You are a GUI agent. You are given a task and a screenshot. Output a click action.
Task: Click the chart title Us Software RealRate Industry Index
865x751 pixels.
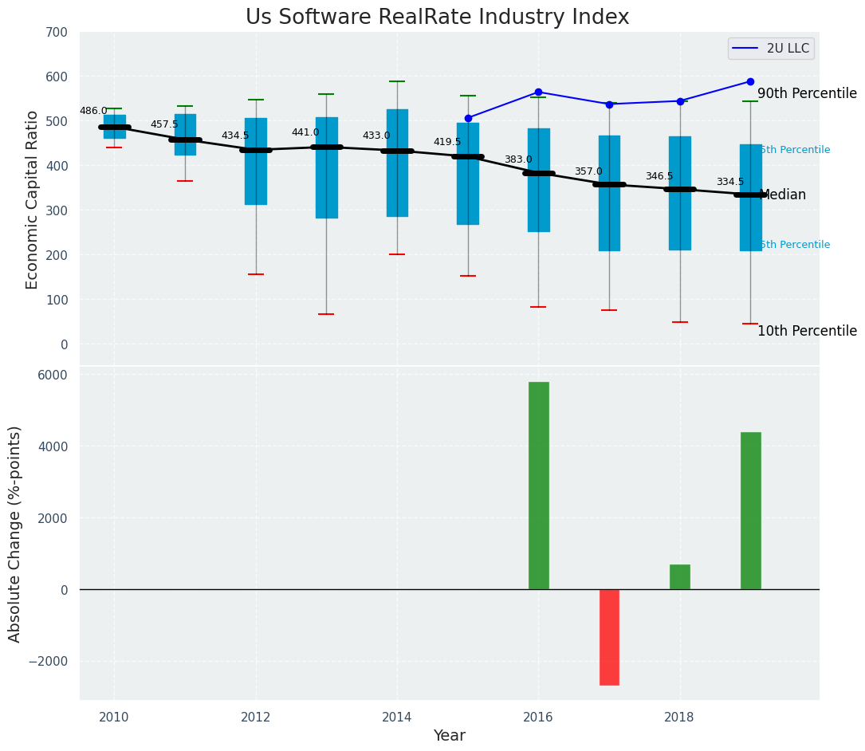pos(437,18)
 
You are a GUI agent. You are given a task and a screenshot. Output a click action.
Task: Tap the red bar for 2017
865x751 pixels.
pos(609,637)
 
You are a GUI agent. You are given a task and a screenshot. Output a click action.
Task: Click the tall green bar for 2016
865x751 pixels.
pos(539,486)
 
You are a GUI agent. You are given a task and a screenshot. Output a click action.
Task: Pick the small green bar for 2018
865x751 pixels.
pos(680,576)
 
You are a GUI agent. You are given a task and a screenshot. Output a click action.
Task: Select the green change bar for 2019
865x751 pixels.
pos(750,510)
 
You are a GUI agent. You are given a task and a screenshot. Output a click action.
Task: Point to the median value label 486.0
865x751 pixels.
pos(93,112)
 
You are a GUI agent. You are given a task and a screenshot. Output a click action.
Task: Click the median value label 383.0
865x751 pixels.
pos(518,160)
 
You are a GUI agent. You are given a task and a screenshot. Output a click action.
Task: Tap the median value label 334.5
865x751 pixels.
pos(730,183)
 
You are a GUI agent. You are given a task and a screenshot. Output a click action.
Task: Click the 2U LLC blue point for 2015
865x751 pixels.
pos(468,118)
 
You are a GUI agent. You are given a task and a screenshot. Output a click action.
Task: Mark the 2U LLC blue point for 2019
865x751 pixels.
pos(750,81)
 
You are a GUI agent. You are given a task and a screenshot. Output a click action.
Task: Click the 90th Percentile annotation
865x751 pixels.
pos(807,94)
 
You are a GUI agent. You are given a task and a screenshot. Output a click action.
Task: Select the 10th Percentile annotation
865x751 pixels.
pos(807,332)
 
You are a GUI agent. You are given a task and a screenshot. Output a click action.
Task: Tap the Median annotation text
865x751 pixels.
pos(784,195)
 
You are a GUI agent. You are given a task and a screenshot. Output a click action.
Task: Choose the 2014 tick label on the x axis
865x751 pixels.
pos(397,717)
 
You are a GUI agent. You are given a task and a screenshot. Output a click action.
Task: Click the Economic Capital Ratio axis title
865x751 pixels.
pos(33,199)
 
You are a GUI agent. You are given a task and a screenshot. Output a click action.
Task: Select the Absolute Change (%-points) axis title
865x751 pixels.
pos(15,533)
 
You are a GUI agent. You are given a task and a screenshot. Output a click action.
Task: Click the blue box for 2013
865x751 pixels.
pos(327,167)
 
